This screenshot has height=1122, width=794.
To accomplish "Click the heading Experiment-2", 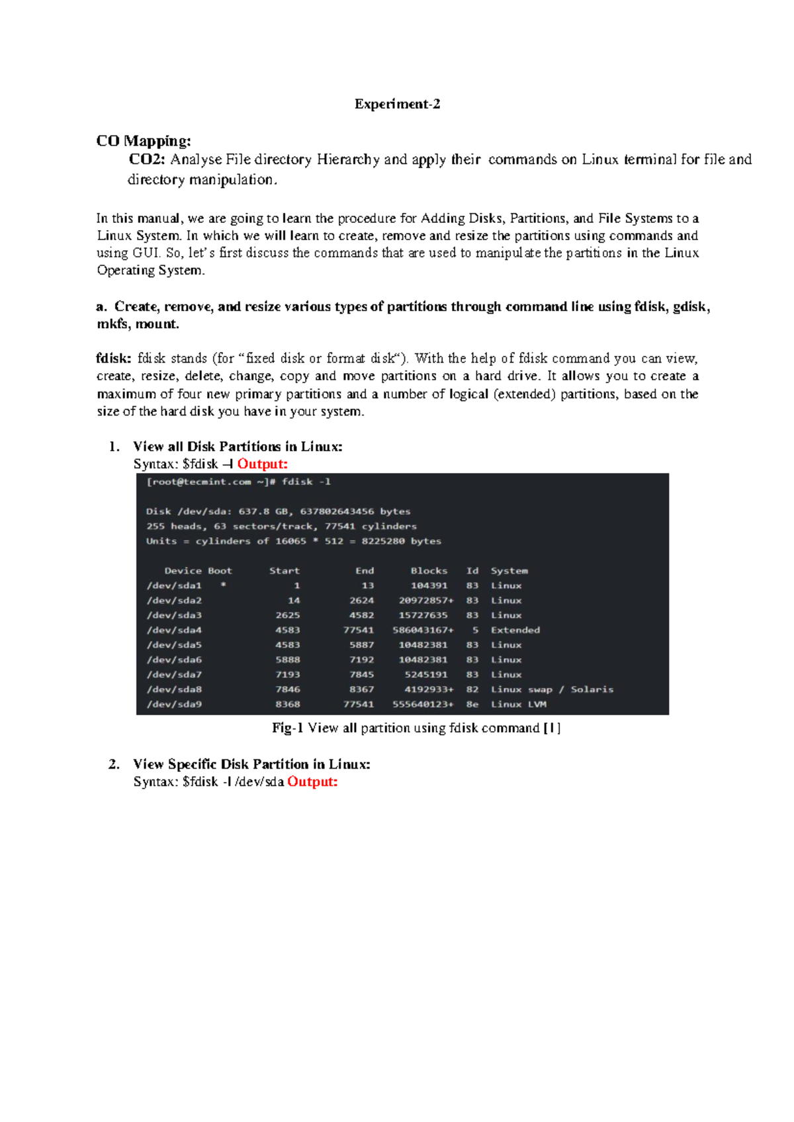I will coord(397,104).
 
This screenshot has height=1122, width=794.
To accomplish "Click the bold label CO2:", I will coord(148,159).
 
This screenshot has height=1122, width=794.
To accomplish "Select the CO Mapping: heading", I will coord(144,141).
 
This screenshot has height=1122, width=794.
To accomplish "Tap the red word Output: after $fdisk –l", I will coord(263,464).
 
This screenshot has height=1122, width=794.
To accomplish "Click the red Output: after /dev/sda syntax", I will coord(312,781).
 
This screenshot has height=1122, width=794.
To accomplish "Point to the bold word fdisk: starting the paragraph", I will coord(114,359).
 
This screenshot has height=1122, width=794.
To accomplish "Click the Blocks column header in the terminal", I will coord(429,570).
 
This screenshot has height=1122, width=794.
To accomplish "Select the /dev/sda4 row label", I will coord(174,630).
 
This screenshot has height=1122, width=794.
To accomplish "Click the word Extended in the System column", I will coord(515,630).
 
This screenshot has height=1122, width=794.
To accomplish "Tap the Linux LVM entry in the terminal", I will coord(518,704).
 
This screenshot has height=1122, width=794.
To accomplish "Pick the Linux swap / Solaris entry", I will coord(552,689).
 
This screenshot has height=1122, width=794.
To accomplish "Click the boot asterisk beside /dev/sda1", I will coord(224,585).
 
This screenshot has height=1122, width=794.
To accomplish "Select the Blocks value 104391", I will coord(429,585).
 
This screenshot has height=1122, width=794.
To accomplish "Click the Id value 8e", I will coord(472,704).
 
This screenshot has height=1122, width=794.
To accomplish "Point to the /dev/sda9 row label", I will coord(174,704).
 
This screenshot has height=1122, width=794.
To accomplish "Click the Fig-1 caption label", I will coord(287,728).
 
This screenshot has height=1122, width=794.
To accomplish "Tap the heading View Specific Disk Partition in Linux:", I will coord(251,764).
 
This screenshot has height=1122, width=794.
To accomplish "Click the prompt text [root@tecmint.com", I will coord(198,482).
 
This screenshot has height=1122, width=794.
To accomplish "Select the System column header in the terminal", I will coord(509,570).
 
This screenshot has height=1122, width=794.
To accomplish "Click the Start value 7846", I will coord(288,689).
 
